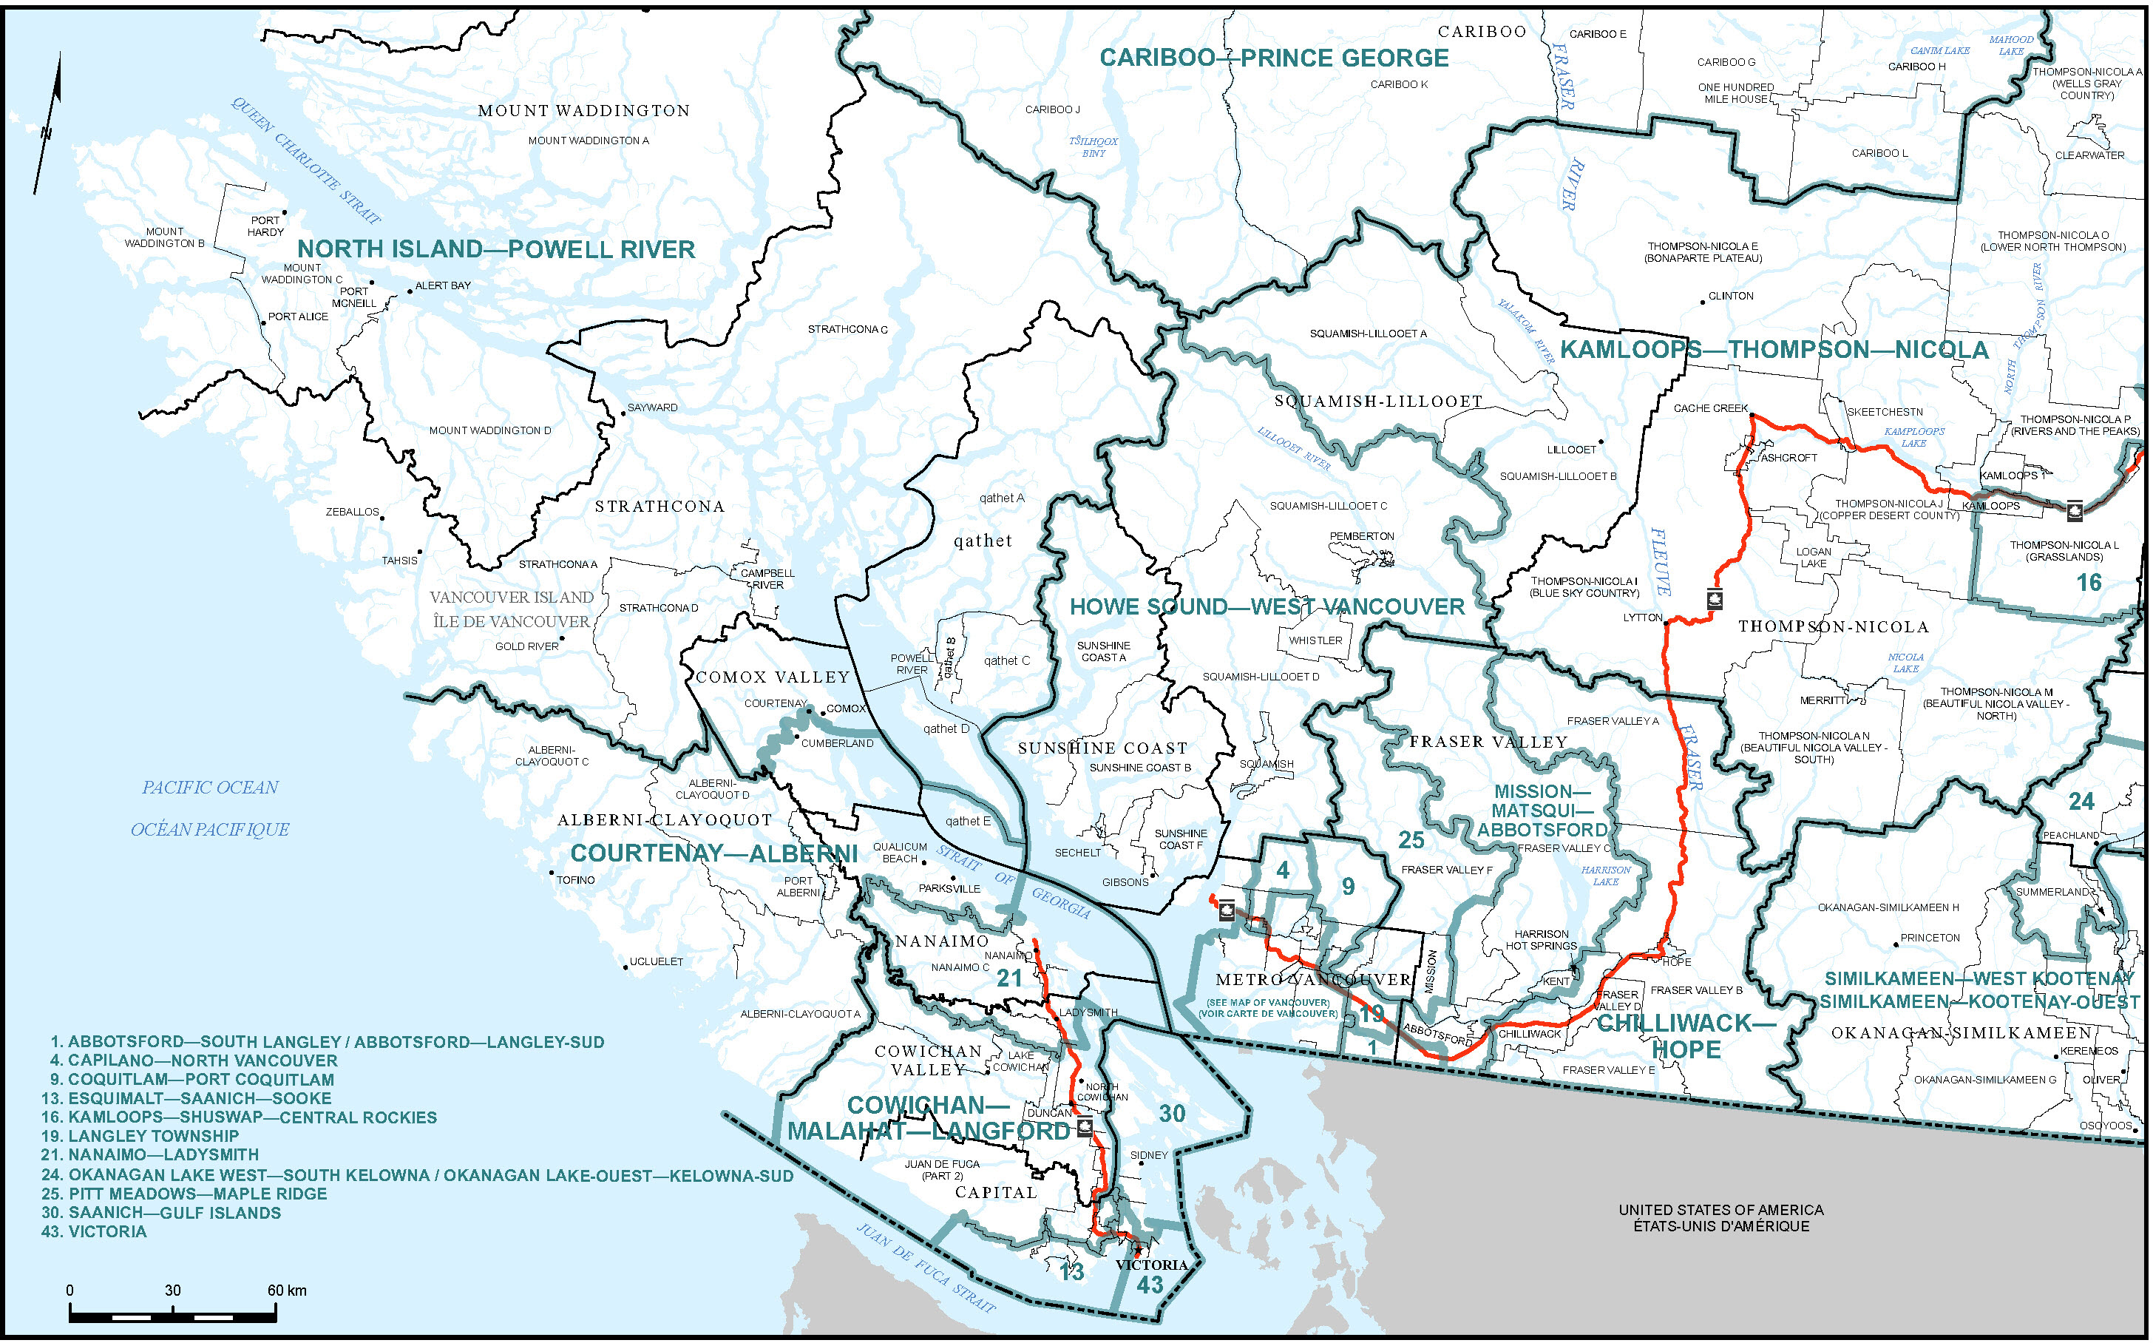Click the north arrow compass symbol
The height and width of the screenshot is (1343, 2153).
pos(49,124)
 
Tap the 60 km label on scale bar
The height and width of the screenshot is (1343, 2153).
pos(287,1290)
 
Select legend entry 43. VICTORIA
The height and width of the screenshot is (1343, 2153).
pos(93,1232)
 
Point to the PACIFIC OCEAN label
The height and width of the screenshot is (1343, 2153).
pos(211,788)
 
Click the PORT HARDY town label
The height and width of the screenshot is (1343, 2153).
pos(265,226)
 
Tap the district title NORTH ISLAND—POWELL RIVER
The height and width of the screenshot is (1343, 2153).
pos(495,249)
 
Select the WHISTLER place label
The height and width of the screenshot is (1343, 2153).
pos(1316,640)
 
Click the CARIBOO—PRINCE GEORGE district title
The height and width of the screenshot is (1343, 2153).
pos(1274,58)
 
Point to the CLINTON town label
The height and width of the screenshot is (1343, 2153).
pos(1730,296)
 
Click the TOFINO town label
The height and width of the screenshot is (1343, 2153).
pos(576,880)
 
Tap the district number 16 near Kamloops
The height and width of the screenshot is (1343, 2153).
pos(2088,583)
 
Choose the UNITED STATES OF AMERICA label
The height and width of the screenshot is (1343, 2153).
pos(1720,1210)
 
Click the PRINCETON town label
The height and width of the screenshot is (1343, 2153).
pos(1930,938)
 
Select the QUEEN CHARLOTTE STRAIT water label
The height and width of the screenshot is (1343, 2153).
pos(306,160)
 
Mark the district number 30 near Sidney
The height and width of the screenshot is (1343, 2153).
pos(1172,1114)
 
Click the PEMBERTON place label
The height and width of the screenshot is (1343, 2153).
pos(1362,536)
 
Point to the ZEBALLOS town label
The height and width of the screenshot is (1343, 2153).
pos(353,512)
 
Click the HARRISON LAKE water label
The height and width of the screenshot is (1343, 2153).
pos(1606,876)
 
